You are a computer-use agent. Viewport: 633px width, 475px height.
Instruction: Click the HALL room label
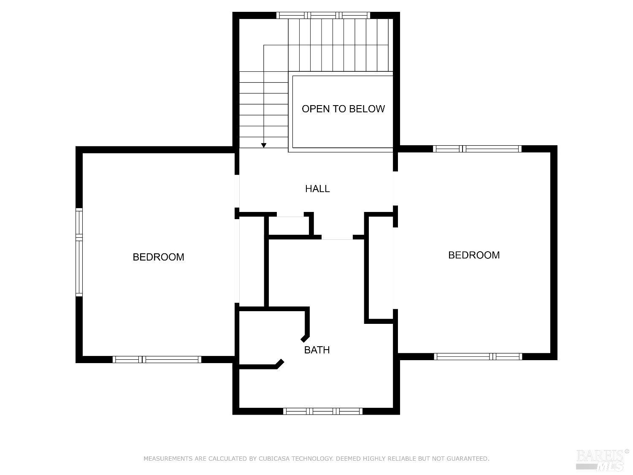pos(317,189)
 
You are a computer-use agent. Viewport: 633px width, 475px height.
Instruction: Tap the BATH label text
pos(317,350)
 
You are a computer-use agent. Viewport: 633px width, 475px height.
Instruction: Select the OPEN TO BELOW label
pos(343,109)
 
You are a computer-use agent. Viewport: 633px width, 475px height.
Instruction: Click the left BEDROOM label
pos(158,257)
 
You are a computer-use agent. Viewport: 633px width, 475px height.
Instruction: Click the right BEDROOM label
pos(473,255)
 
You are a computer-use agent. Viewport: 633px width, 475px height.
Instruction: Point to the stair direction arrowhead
pos(264,145)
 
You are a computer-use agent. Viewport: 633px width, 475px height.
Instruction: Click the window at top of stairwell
pos(323,16)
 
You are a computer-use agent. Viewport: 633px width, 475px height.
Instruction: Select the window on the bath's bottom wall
pos(323,411)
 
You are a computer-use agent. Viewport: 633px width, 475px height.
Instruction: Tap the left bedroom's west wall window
pos(79,252)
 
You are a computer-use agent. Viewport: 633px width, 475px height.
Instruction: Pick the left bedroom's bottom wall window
pos(157,359)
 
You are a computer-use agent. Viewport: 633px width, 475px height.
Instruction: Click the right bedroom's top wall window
pos(477,149)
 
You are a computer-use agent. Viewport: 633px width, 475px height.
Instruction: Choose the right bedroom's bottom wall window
pos(478,356)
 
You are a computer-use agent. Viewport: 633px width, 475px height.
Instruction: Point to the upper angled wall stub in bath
pos(305,339)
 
